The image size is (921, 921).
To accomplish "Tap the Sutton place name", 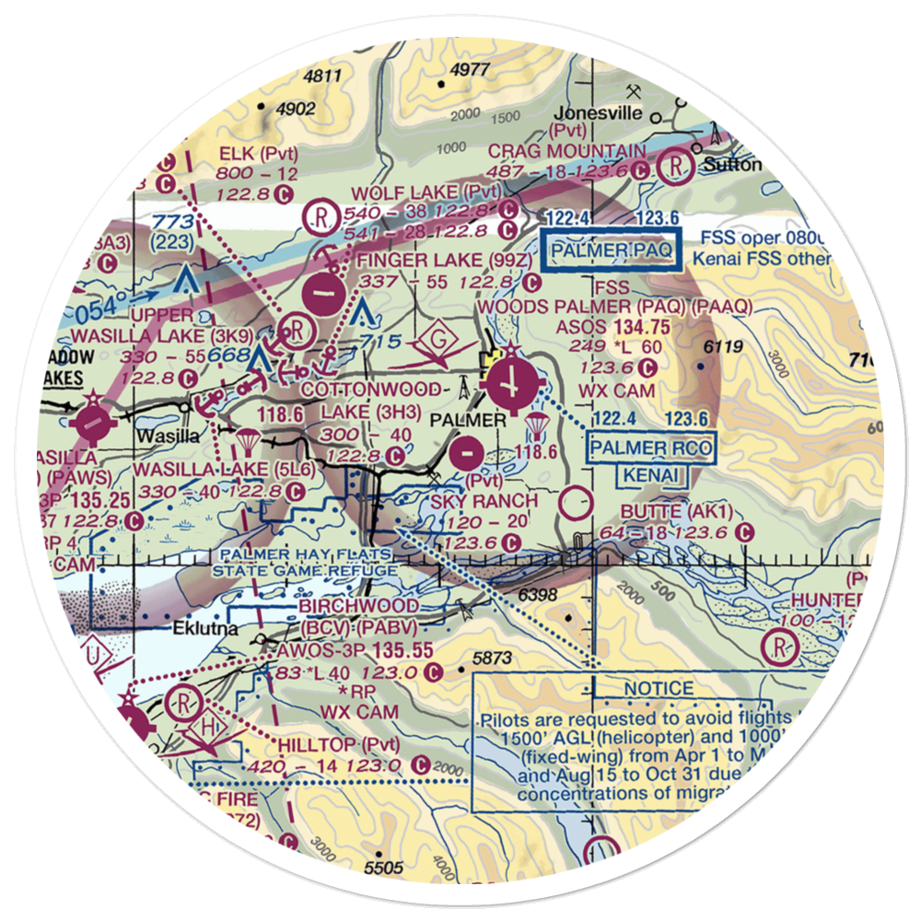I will [x=729, y=165].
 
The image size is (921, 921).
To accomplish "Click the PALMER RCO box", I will [x=651, y=449].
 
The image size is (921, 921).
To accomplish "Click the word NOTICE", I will [x=659, y=688].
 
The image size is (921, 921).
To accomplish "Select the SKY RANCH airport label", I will [x=484, y=501].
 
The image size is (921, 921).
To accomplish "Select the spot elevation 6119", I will [x=722, y=346].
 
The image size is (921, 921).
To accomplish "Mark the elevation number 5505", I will [x=384, y=867].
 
